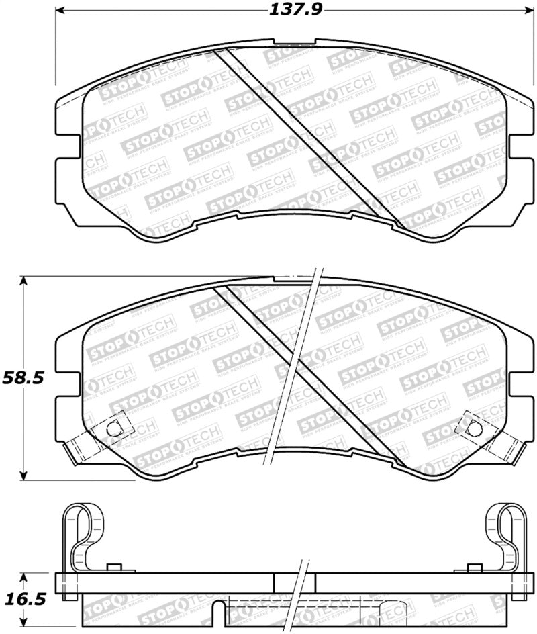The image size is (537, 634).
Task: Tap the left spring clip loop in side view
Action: click(85, 531)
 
